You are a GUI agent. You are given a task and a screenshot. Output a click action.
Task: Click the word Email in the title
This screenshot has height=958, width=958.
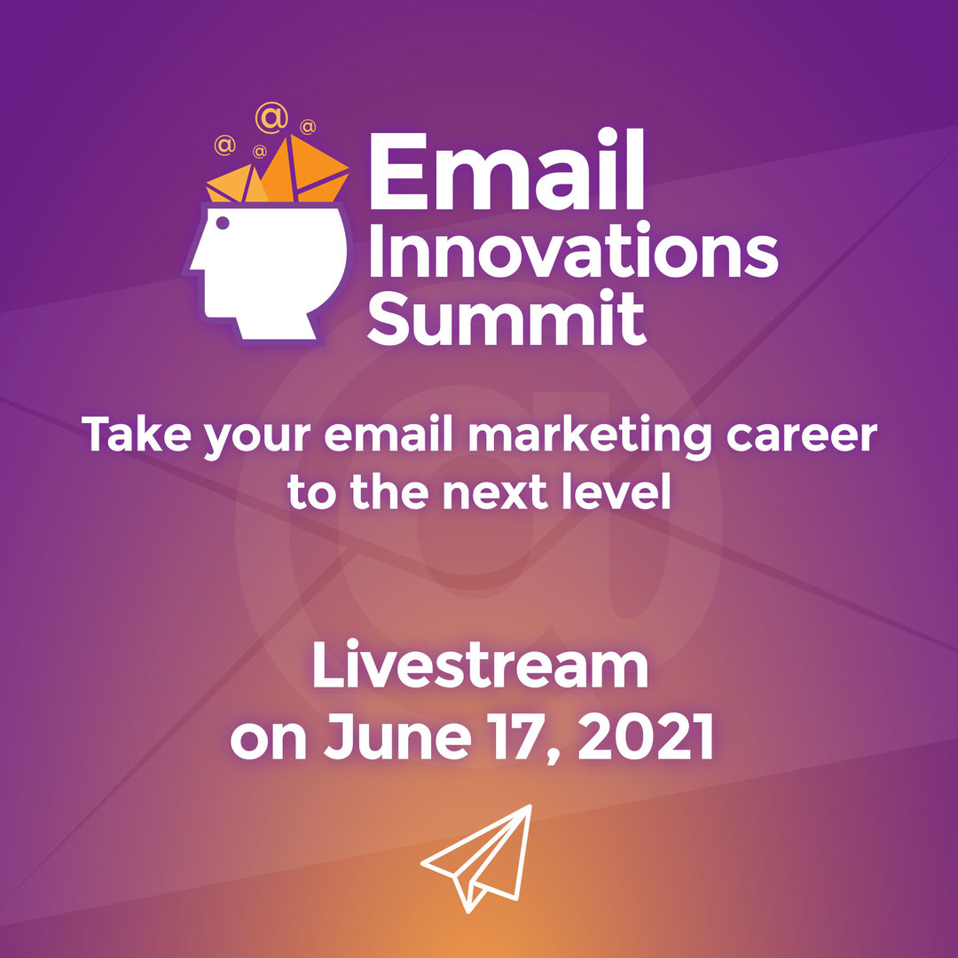(x=506, y=169)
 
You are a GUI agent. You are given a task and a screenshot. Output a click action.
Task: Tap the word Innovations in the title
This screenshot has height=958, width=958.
(x=572, y=250)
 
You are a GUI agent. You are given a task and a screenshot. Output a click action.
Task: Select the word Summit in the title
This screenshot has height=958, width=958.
(x=506, y=319)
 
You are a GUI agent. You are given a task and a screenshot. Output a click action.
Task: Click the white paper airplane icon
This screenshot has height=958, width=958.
(x=476, y=859)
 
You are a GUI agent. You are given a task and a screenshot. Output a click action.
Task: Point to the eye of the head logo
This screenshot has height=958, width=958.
(x=223, y=223)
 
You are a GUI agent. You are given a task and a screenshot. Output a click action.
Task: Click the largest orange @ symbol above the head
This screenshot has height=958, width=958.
(x=271, y=118)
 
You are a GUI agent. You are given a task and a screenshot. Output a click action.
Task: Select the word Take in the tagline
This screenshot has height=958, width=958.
(x=137, y=435)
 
